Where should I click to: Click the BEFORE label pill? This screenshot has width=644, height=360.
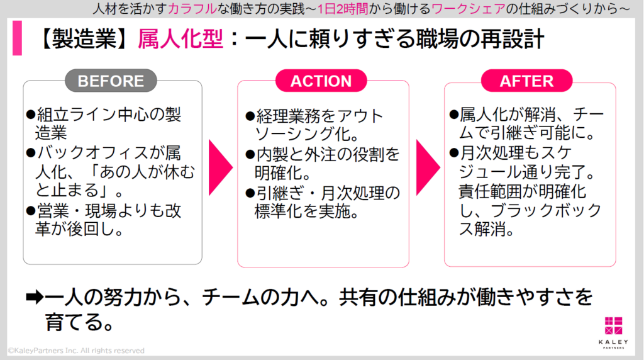[x=111, y=81]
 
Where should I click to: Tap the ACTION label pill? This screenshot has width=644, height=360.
[x=321, y=81]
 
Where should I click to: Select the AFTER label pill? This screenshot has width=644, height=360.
[x=526, y=81]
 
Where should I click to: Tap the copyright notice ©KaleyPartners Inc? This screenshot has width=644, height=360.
[x=75, y=351]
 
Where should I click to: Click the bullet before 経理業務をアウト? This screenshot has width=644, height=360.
[x=250, y=117]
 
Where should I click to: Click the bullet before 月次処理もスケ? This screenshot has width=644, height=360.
[x=453, y=153]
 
